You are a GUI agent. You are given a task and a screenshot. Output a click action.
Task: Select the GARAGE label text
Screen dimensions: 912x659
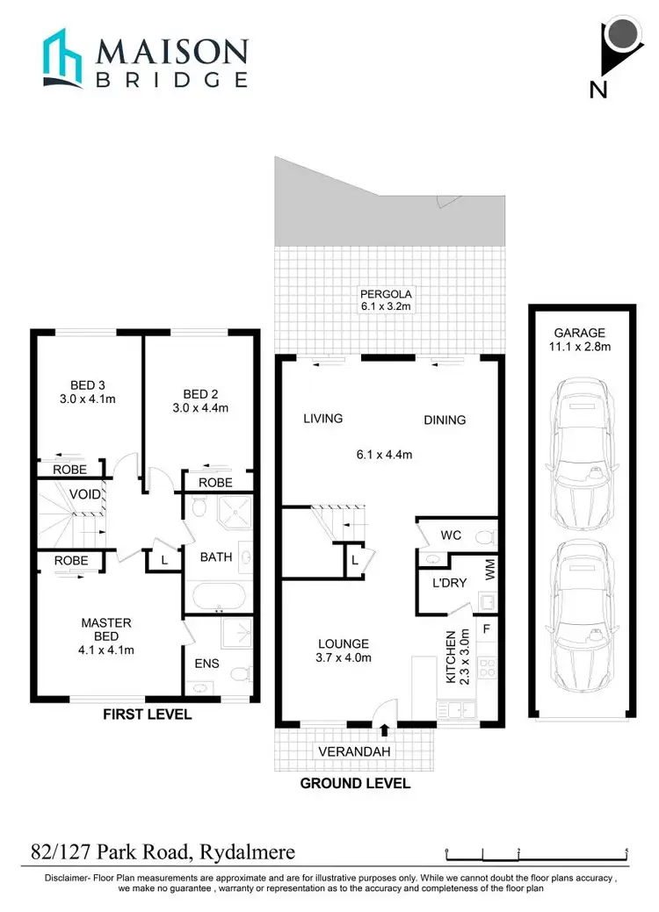(x=579, y=333)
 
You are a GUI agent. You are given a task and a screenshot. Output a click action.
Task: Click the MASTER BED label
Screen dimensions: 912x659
(x=105, y=623)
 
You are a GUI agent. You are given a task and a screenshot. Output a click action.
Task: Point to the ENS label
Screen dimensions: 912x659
(x=201, y=664)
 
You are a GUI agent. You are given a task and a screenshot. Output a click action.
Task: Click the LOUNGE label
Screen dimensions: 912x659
(x=344, y=643)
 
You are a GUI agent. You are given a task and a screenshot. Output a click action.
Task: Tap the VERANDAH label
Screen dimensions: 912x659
(x=354, y=751)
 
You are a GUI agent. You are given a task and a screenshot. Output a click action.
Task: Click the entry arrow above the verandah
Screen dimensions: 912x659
(x=385, y=728)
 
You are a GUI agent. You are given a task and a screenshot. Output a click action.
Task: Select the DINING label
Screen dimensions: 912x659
(x=445, y=420)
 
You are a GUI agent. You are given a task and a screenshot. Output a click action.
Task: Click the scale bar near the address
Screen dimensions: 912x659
(x=536, y=852)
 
